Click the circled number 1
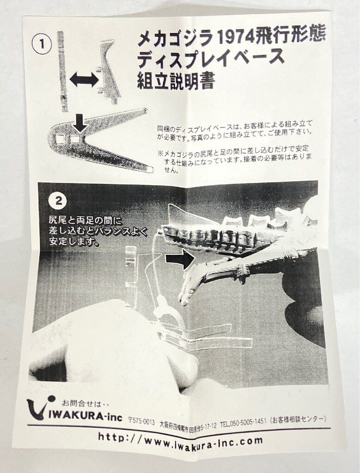(x=42, y=45)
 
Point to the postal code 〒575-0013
(x=142, y=420)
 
